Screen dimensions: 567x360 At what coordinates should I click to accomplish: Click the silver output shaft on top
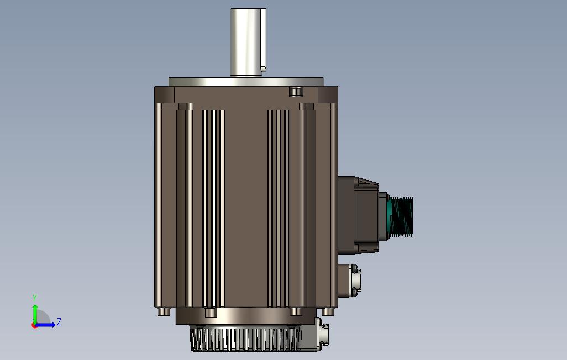coord(246,42)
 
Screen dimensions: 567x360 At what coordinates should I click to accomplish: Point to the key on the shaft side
coord(264,40)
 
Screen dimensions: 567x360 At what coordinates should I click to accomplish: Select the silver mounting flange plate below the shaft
coord(246,82)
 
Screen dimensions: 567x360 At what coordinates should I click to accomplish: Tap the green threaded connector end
coord(401,217)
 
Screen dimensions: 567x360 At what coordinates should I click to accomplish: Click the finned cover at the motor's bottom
coord(245,338)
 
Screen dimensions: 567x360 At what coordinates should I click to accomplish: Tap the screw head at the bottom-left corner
coord(164,312)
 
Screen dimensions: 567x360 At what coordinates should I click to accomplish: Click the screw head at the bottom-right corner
coord(328,312)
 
